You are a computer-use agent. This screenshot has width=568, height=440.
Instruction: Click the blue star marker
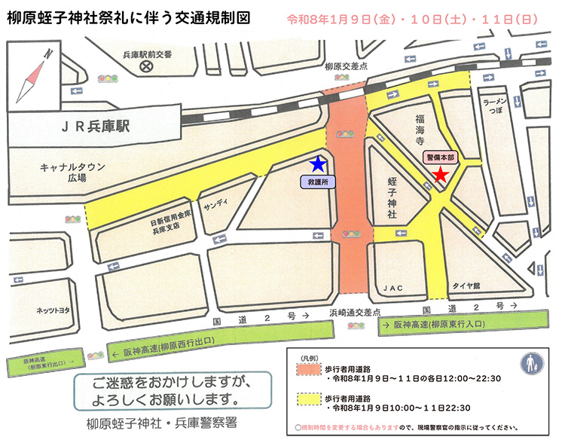coord(319,163)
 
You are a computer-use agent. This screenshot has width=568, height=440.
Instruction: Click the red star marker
coord(441,175)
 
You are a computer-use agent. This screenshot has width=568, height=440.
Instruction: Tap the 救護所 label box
coord(317,181)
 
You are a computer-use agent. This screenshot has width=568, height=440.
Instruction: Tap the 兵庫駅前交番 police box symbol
coord(146,67)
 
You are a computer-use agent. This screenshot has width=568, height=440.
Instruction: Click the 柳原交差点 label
coord(346,66)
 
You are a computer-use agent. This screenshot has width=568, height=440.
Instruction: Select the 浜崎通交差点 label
coord(353,311)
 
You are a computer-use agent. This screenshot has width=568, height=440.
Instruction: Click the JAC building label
coord(393,288)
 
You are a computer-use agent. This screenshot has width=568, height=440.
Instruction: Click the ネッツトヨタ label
coord(53,309)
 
